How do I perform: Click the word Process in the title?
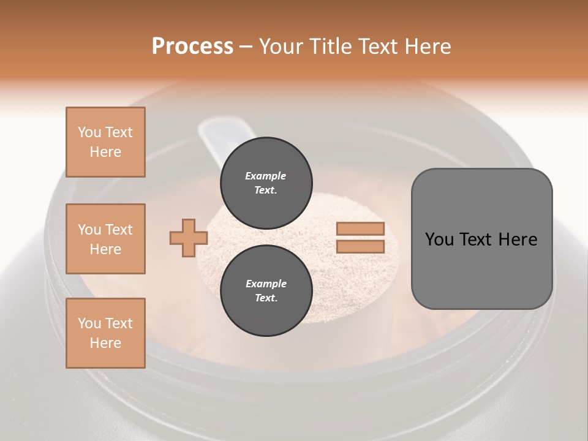point(192,47)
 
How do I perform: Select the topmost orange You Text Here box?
point(105,142)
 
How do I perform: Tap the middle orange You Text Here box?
point(105,239)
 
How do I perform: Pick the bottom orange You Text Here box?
point(105,333)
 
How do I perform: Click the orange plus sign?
point(189,238)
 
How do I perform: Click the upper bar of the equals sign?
point(360,229)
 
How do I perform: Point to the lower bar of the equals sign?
point(360,247)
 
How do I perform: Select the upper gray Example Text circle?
point(266,183)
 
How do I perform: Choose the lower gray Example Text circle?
point(266,290)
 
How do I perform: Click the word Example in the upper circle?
point(266,176)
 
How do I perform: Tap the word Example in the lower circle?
point(266,284)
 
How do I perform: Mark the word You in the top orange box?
point(89,132)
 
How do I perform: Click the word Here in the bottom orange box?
point(105,343)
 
